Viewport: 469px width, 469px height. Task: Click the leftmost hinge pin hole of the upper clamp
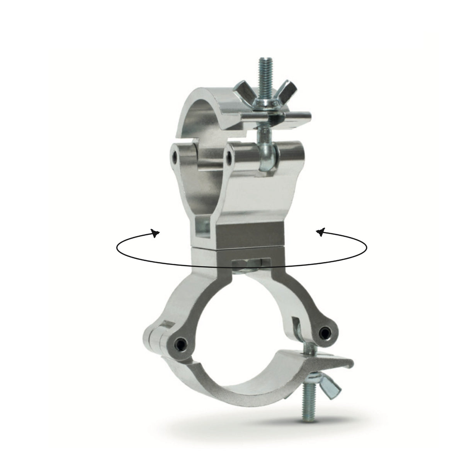pyautogui.click(x=175, y=155)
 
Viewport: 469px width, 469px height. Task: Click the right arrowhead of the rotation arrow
pyautogui.click(x=320, y=232)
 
